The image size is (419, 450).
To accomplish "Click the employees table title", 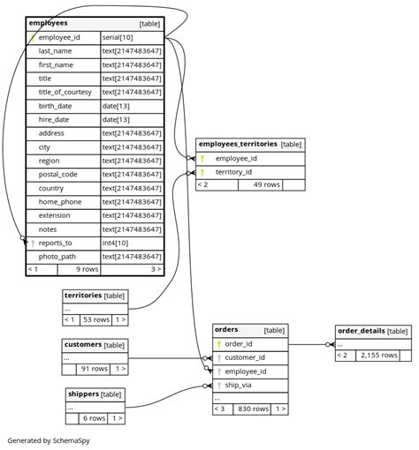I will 48,23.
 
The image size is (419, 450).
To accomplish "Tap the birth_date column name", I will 55,106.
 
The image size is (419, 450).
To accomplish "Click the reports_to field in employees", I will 55,243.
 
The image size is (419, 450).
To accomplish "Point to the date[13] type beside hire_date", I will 116,120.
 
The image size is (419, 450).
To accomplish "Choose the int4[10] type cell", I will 115,243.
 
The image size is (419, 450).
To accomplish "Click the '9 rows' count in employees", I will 86,269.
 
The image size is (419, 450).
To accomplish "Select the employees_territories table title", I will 237,143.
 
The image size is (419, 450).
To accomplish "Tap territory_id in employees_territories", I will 233,172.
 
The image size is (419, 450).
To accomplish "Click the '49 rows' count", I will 266,185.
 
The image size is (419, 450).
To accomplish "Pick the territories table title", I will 82,296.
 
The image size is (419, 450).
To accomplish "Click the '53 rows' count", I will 95,319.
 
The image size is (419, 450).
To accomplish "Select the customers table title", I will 82,344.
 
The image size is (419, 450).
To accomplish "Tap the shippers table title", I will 83,394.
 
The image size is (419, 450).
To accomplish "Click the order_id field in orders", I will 238,344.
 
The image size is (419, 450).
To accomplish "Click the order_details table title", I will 361,331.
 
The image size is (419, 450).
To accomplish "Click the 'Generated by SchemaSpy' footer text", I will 49,439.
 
